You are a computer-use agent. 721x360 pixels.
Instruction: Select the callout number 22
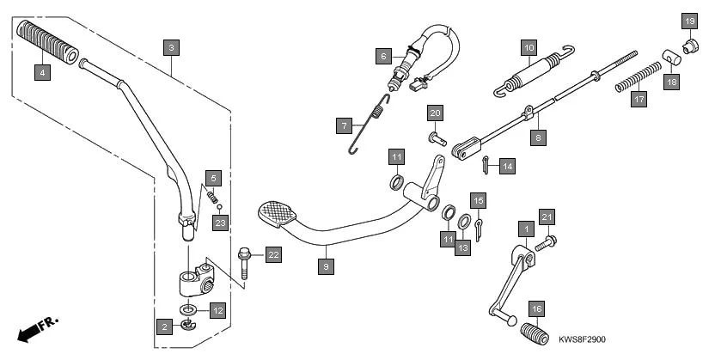pyautogui.click(x=273, y=254)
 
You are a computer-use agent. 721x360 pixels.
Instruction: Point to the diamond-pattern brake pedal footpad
pyautogui.click(x=277, y=213)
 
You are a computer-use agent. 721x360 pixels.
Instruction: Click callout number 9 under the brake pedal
pyautogui.click(x=325, y=266)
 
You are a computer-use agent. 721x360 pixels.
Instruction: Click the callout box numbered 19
pyautogui.click(x=689, y=20)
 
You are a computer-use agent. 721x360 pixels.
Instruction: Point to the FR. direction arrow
pyautogui.click(x=36, y=329)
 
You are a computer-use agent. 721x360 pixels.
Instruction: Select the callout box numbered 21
pyautogui.click(x=547, y=217)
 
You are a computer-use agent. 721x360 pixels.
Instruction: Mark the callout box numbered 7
pyautogui.click(x=344, y=126)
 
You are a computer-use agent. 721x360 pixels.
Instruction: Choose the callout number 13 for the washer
pyautogui.click(x=463, y=247)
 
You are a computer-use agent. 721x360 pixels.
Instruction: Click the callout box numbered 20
pyautogui.click(x=436, y=113)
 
